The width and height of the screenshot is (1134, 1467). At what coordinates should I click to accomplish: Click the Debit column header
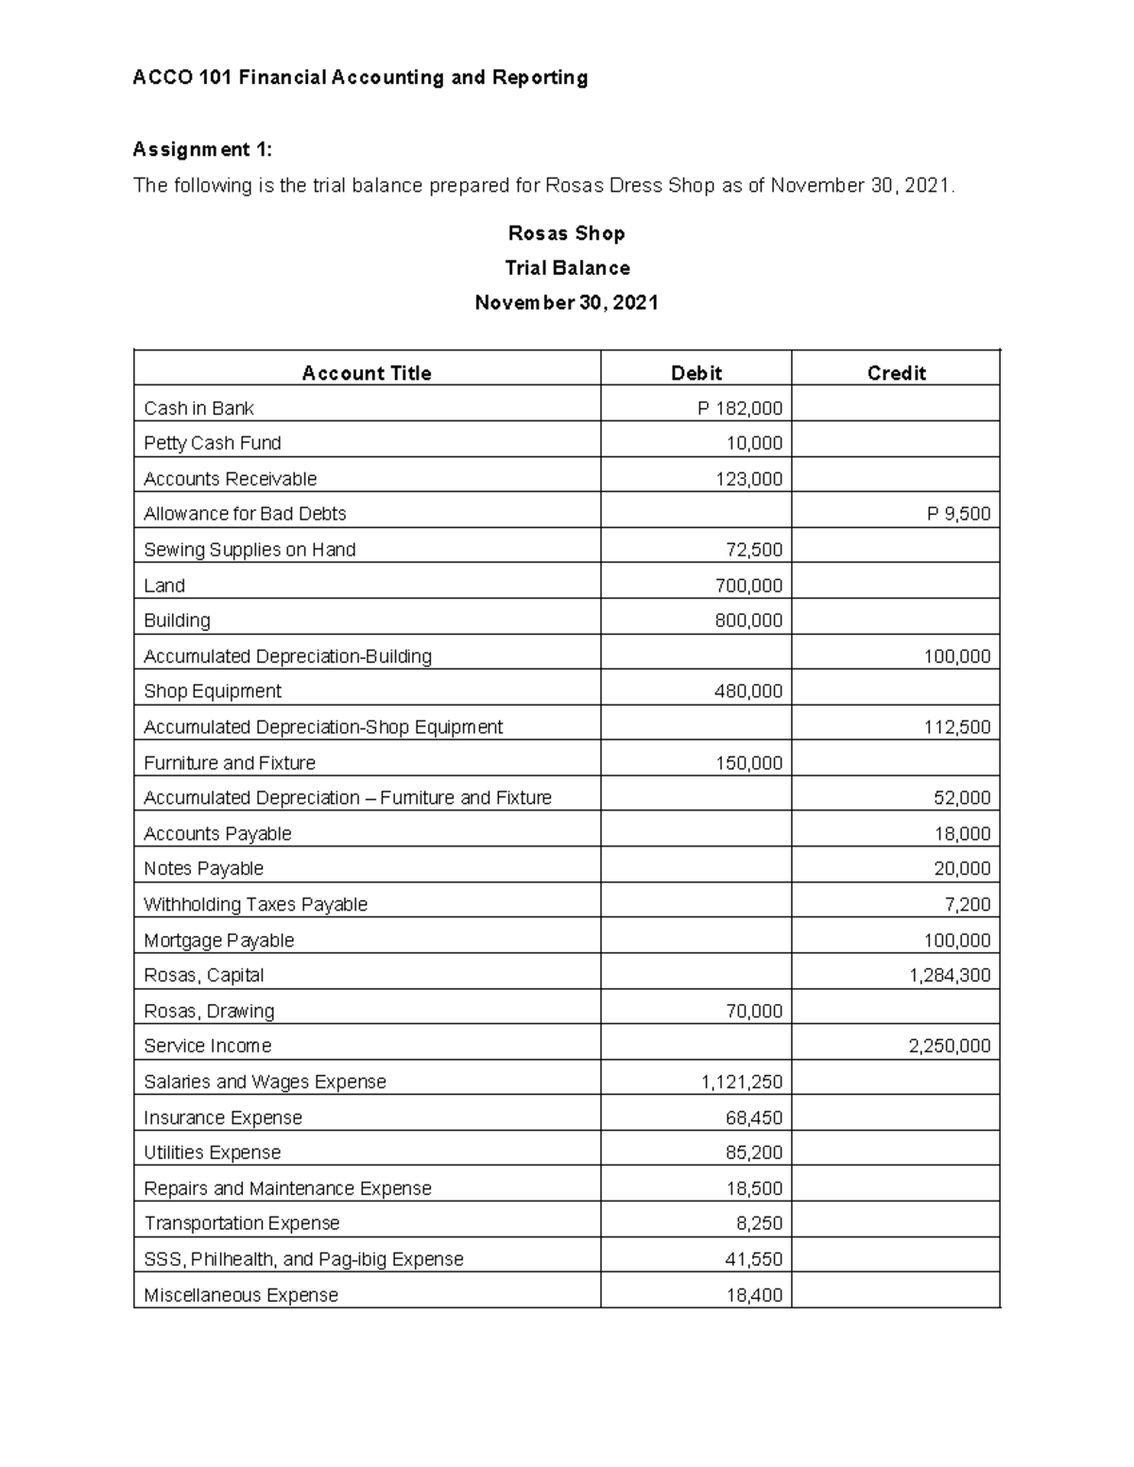tap(696, 373)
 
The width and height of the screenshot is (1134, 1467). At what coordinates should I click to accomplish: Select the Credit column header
tap(896, 373)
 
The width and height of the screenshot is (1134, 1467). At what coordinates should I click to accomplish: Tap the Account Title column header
tap(367, 373)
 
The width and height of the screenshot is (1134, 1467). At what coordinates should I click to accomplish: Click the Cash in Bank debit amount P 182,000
tap(740, 408)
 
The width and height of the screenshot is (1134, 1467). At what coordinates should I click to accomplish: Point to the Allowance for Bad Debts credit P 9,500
tap(958, 514)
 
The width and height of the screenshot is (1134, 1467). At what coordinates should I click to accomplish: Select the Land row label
tap(164, 586)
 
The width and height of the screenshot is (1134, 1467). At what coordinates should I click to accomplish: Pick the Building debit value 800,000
tap(748, 621)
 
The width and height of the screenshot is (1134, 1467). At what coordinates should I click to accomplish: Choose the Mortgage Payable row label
tap(218, 940)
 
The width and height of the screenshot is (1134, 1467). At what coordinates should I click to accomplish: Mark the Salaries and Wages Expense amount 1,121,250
tap(742, 1082)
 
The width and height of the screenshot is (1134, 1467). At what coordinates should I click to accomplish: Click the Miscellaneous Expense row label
tap(241, 1295)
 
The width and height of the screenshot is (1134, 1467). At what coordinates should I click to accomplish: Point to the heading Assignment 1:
tap(202, 149)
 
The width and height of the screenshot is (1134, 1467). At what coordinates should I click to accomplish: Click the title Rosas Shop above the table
tap(566, 233)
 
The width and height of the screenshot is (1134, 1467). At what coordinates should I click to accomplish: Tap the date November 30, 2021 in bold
tap(566, 303)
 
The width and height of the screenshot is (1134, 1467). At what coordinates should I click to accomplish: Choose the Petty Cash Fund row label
tap(213, 443)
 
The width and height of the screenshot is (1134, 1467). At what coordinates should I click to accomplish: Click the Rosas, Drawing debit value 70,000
tap(753, 1011)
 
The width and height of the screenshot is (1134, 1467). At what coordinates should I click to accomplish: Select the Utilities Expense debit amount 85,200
tap(753, 1152)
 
